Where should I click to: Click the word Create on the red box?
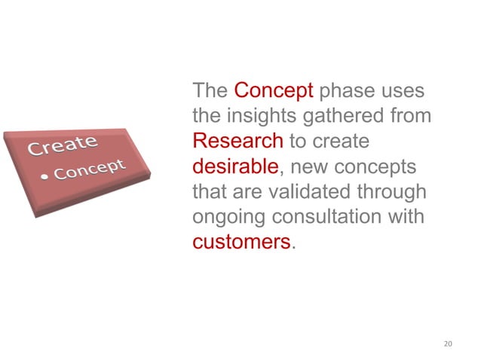[x=63, y=144]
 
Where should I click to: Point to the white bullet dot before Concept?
[x=44, y=177]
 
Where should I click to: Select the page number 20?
[x=449, y=344]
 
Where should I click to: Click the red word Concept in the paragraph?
[x=274, y=92]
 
